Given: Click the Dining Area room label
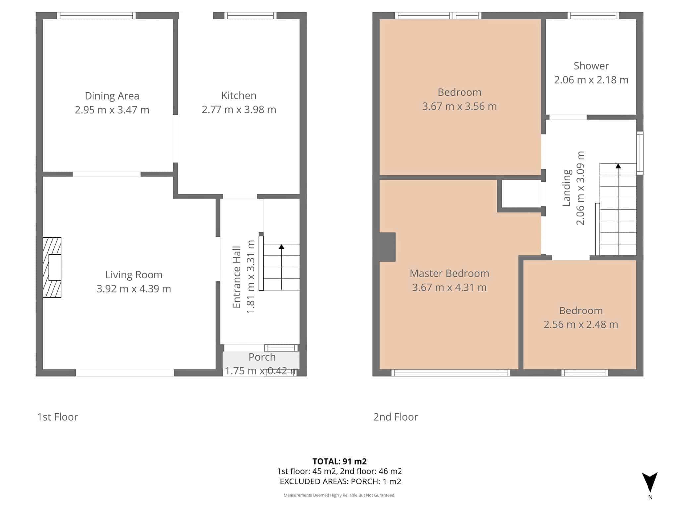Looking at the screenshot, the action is coord(112,96).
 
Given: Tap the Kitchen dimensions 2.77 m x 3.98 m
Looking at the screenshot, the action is coord(239,110).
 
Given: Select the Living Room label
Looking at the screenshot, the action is coord(134,275).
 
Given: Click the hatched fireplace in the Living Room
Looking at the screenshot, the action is coord(52,267).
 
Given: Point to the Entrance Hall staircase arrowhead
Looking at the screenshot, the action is coord(281,247).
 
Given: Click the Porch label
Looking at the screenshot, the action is coord(262,357).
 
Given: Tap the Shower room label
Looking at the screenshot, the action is coord(591,66).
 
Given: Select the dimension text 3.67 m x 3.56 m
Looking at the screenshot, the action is coord(459,106).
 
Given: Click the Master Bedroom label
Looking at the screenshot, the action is coord(449,273).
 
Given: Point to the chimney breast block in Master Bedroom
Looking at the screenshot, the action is coord(388,247).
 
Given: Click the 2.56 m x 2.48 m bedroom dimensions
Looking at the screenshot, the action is coord(581,324).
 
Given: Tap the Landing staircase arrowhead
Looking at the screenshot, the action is coord(618,166).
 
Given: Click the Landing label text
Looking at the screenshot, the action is coord(567,188).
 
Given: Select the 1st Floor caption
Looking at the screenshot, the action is coord(57,417).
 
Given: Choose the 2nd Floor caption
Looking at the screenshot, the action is coord(396,417).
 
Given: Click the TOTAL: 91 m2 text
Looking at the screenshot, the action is coord(339,461).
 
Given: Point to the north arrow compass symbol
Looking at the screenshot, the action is coord(650,482).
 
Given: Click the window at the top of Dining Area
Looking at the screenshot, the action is coord(96,15).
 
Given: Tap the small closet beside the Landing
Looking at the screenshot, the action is coord(521,194).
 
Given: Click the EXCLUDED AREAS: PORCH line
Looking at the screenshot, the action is coord(340,481).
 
